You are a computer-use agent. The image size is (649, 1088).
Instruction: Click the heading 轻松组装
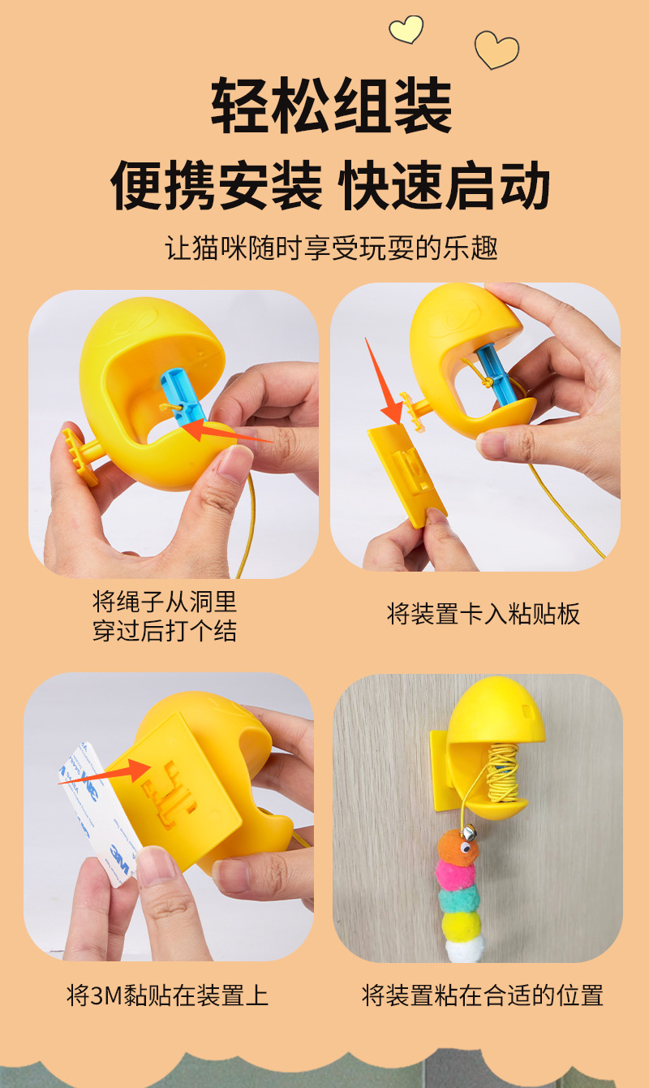[332, 106]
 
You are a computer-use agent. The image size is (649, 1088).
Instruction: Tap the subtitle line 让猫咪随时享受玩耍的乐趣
[332, 248]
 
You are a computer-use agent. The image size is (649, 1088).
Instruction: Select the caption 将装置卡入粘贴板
[483, 614]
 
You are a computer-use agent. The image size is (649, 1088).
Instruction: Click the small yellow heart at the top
[406, 29]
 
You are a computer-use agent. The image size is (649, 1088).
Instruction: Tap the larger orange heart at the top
[496, 50]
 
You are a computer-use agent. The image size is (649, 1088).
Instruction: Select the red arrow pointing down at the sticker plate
[384, 382]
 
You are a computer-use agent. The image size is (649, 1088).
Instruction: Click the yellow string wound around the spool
[502, 775]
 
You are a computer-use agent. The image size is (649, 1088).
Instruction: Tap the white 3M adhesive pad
[98, 815]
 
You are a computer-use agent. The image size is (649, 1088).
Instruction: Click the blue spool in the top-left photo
[184, 396]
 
